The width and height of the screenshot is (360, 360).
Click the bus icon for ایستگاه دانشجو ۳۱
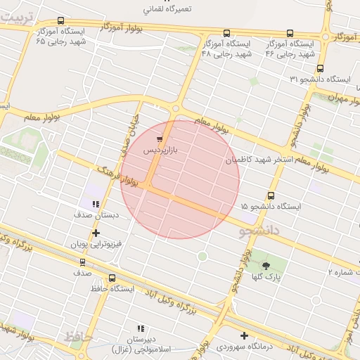(x=321, y=68)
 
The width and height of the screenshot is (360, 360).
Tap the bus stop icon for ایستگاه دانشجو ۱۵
(x=271, y=196)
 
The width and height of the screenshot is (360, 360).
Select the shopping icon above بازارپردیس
(x=160, y=139)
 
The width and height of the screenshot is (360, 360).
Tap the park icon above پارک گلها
(x=266, y=265)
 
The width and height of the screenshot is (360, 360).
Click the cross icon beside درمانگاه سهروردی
(x=244, y=335)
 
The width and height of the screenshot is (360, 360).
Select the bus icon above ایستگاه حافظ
(x=112, y=278)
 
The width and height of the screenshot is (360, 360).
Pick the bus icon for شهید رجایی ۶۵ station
(x=60, y=21)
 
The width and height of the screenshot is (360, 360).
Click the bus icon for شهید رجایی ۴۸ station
(x=226, y=33)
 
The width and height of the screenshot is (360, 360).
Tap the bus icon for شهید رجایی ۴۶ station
(x=290, y=33)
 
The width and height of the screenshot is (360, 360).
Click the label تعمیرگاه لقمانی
(x=167, y=10)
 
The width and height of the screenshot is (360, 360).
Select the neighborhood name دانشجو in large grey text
(x=260, y=230)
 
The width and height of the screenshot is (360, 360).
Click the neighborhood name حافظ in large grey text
(x=78, y=337)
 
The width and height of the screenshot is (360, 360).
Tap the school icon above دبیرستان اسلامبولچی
(x=141, y=328)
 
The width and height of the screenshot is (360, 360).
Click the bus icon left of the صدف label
(x=83, y=262)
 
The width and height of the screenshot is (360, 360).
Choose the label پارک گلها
(x=267, y=278)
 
